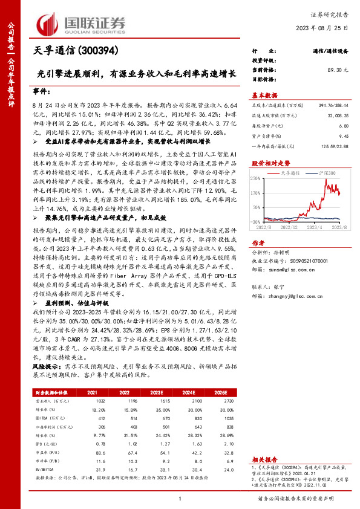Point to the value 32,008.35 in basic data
pos(337,115)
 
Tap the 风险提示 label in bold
pos(46,367)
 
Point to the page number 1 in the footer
pos(180,498)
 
